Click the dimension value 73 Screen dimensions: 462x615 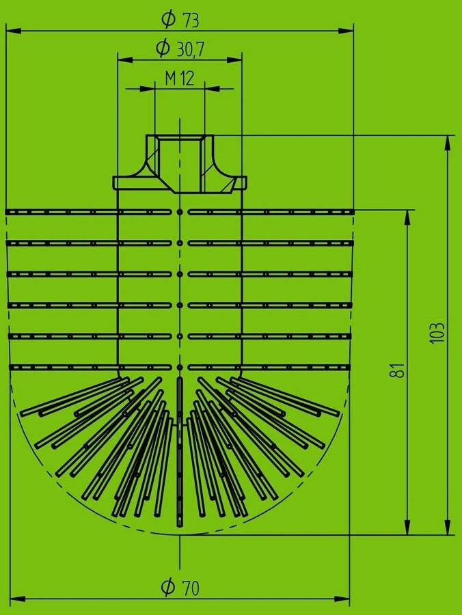tap(191, 20)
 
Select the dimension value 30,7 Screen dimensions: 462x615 tap(191, 49)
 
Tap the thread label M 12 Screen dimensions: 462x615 tap(180, 79)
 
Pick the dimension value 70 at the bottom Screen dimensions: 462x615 tap(191, 587)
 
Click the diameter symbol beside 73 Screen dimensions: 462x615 tap(167, 19)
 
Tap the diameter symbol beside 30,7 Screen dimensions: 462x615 tap(163, 48)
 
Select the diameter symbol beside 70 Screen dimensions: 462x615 tap(167, 586)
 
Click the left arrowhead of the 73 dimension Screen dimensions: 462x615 tap(11, 31)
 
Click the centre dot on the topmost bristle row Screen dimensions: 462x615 tap(180, 212)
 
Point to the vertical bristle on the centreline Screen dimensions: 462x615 tap(180, 451)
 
